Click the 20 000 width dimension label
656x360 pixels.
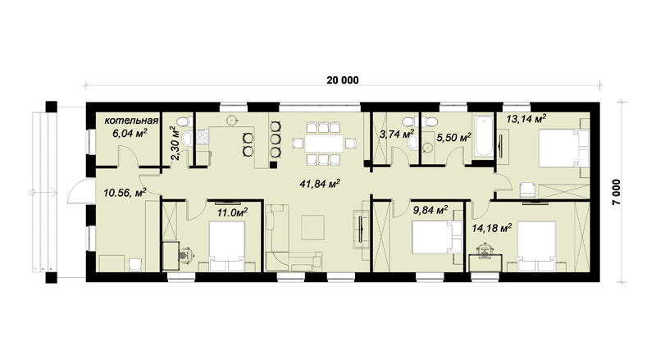pos(343,80)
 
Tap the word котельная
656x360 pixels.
pos(131,121)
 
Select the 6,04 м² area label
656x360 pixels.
pos(132,133)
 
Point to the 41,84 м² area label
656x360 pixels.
pos(320,184)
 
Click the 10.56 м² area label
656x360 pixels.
pos(125,192)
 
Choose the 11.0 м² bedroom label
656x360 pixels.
pos(232,212)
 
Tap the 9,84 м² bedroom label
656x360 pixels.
pos(430,210)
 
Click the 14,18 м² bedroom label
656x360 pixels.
pos(492,228)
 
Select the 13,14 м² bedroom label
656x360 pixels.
pos(526,119)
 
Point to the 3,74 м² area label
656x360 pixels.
pos(397,134)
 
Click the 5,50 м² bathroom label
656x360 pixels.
pos(454,137)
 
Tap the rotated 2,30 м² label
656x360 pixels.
pos(175,144)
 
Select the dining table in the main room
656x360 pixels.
pos(324,144)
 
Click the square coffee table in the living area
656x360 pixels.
pos(312,227)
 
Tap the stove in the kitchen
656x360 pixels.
pos(203,136)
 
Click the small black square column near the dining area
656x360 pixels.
pos(273,165)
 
